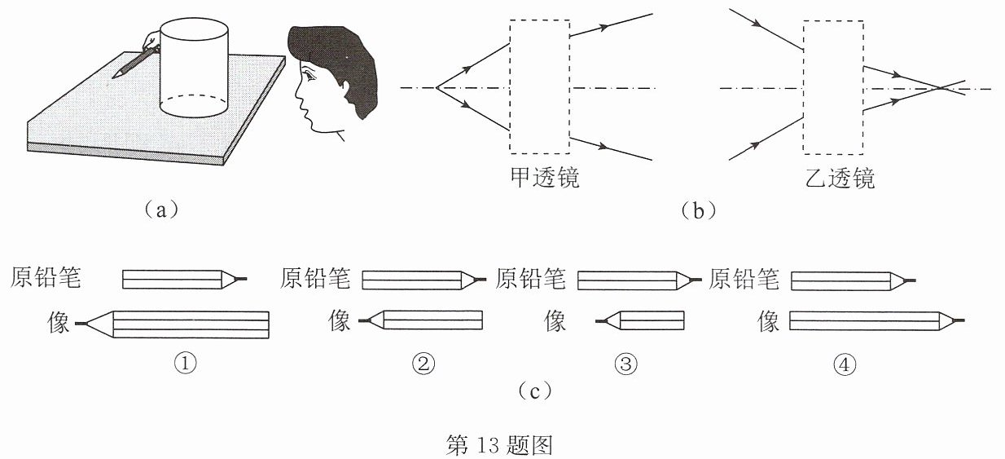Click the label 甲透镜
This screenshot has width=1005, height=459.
545,178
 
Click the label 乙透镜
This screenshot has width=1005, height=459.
840,179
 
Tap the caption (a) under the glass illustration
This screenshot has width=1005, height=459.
161,210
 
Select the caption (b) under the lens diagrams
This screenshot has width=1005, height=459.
698,210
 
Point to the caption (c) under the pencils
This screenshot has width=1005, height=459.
534,391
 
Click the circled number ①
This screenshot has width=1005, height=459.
186,363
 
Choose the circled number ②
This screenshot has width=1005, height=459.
424,363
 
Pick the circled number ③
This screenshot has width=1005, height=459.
625,363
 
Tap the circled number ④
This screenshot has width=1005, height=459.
845,364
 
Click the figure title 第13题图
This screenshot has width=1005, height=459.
499,444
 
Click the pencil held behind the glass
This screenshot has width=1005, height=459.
134,62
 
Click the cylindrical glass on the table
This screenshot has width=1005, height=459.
194,68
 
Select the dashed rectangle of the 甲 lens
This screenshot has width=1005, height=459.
510,86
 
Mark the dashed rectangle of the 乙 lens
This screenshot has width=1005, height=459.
803,87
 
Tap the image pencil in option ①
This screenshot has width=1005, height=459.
173,324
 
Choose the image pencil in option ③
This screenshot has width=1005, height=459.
640,320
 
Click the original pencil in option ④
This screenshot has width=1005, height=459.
853,281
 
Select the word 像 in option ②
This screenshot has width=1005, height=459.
339,320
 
